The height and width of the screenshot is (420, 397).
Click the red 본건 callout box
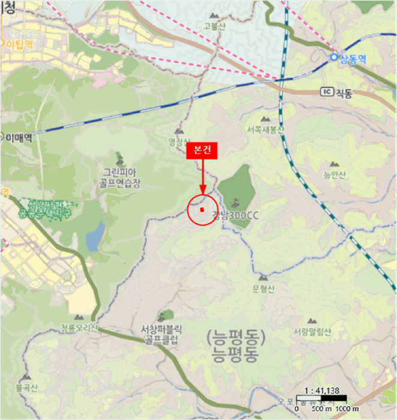point(203,151)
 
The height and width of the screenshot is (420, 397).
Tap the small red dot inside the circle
point(203,209)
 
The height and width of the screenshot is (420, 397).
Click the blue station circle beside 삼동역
point(334,57)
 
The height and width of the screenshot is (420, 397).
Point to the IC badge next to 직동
point(326,92)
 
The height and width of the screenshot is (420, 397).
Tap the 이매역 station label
point(19,137)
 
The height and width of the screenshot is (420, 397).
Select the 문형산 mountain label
point(263,289)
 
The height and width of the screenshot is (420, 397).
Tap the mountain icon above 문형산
point(263,278)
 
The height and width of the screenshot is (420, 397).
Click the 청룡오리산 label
point(79,328)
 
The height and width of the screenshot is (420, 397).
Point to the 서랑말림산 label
point(312,332)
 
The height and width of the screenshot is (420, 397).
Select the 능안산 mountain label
point(335,175)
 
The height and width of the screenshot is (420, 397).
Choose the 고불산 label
point(213,25)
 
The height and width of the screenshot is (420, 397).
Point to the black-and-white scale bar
point(321,398)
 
